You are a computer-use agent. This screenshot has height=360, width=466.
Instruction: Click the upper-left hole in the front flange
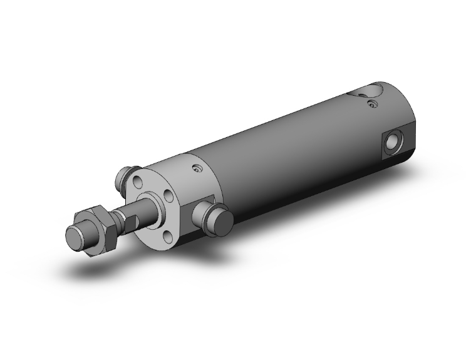click(x=137, y=182)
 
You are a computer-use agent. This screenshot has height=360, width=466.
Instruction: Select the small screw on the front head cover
click(x=199, y=169)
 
